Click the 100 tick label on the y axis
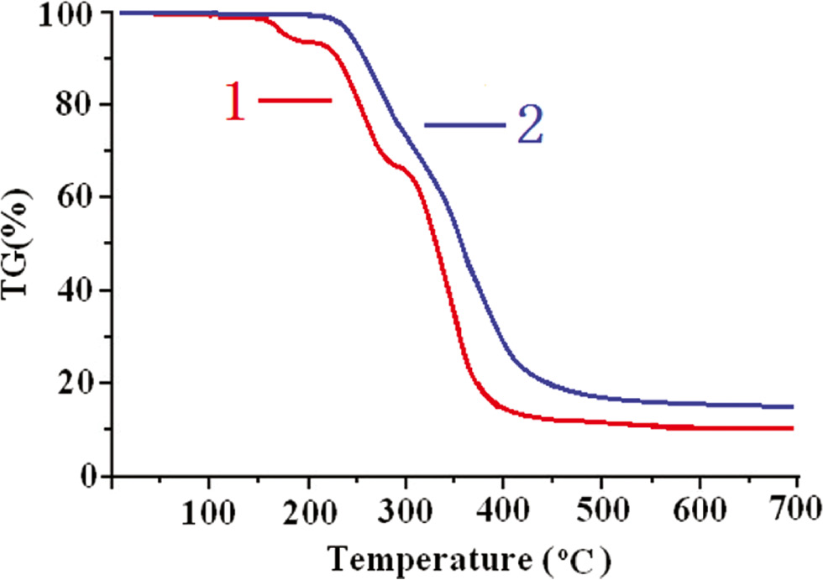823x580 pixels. coord(65,14)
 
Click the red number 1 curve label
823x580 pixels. coord(235,102)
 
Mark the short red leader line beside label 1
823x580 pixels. coord(295,100)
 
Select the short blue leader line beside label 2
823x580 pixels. coord(464,125)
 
